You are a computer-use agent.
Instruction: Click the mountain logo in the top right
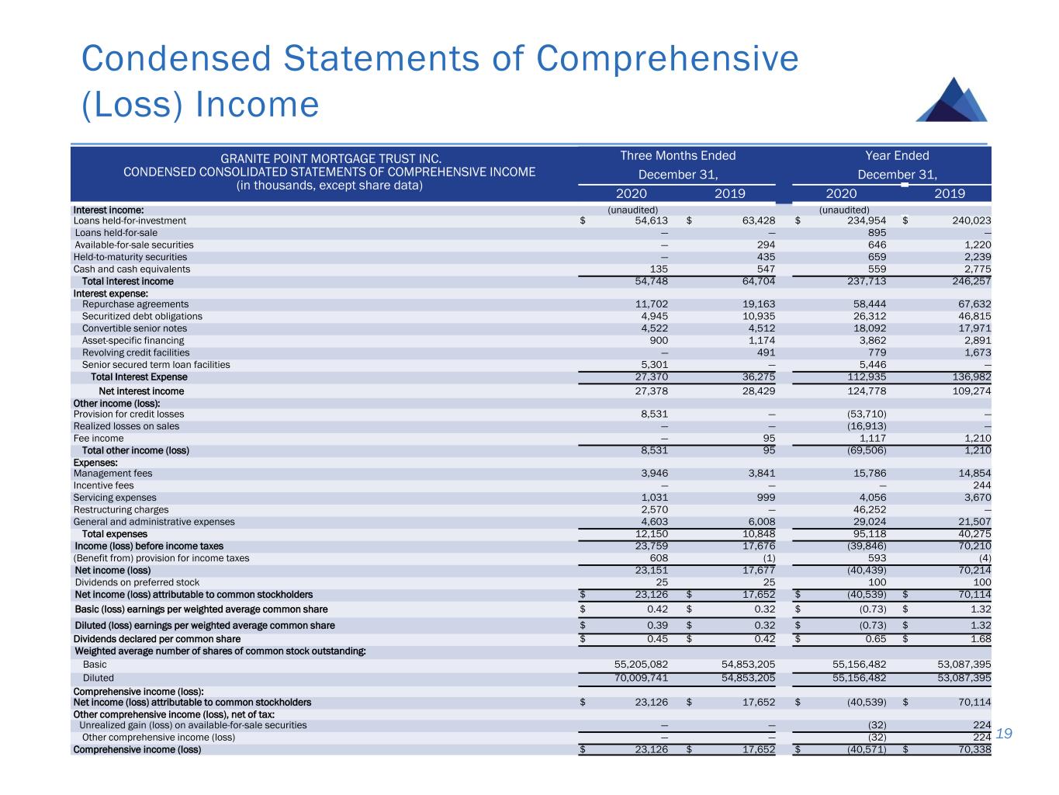point(952,100)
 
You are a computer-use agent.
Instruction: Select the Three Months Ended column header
point(677,155)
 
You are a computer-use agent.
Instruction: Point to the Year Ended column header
point(897,155)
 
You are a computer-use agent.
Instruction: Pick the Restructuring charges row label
point(121,510)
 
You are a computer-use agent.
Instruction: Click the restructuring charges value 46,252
point(867,510)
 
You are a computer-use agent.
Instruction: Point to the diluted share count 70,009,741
point(635,678)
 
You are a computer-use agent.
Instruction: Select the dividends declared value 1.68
point(978,639)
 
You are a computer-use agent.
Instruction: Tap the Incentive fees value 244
point(981,486)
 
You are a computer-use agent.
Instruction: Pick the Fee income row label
point(99,439)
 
